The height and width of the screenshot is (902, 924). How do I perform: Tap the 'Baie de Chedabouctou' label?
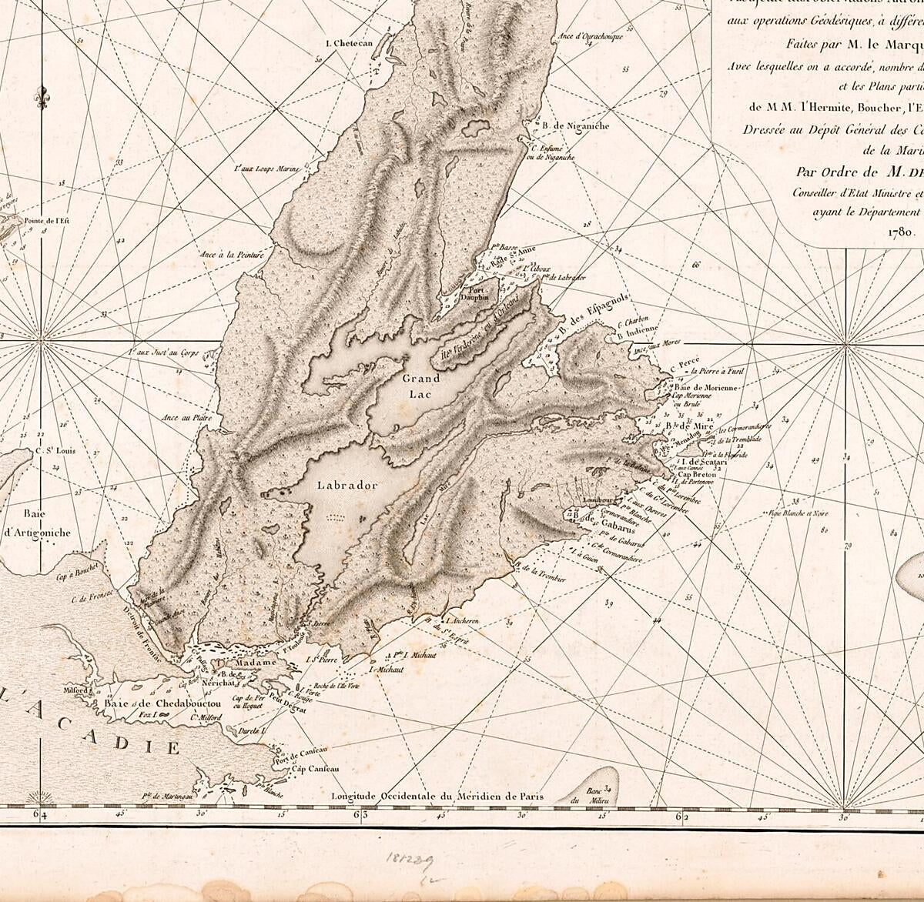[x=159, y=703]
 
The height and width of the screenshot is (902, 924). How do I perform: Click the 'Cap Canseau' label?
[x=315, y=769]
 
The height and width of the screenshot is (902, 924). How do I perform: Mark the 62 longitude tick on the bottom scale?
[x=681, y=813]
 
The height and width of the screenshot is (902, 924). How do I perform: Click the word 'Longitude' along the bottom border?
[x=362, y=797]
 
